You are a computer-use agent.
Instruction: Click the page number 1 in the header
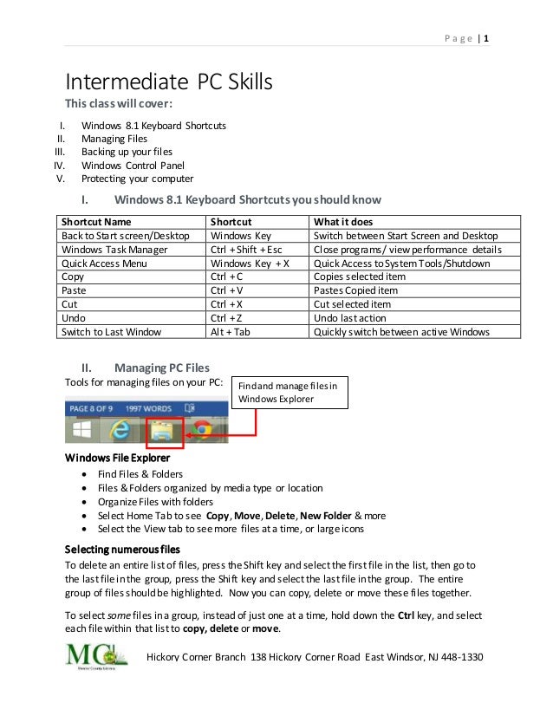pos(486,38)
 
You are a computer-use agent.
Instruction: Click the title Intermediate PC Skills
pos(169,83)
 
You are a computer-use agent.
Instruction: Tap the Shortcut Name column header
pos(96,221)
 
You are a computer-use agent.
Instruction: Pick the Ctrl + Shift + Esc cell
pos(246,249)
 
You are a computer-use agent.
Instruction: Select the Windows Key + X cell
pos(250,263)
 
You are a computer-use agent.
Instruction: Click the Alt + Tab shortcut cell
pos(231,332)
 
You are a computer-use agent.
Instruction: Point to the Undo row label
pos(75,318)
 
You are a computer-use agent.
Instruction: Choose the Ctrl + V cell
pos(227,290)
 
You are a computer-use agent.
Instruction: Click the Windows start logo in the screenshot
pos(82,431)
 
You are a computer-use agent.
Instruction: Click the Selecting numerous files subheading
pos(123,550)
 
